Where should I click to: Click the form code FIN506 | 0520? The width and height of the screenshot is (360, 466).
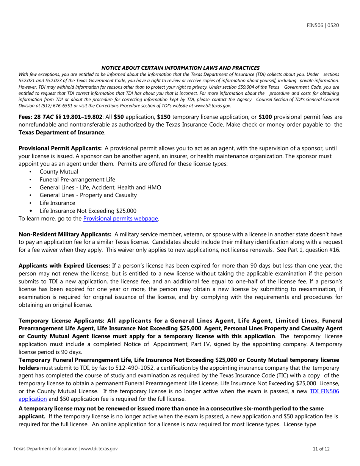(x=322, y=25)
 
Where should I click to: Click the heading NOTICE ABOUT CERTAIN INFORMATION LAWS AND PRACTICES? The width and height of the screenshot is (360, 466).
(x=180, y=68)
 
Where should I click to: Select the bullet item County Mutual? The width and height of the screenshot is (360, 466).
(x=59, y=172)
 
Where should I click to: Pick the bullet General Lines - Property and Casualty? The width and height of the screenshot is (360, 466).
(x=88, y=195)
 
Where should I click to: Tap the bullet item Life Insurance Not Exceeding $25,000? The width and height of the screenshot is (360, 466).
(x=88, y=211)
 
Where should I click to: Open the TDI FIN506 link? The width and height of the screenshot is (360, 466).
(x=324, y=391)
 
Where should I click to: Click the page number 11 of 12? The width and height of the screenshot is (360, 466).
(x=321, y=449)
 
